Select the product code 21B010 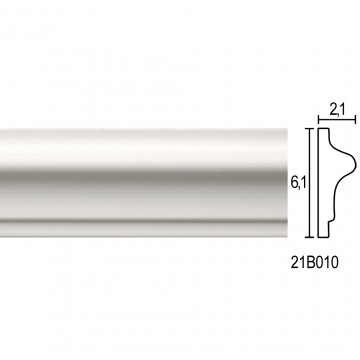coord(314,263)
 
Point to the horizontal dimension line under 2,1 coord(337,119)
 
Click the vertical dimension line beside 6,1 coord(310,183)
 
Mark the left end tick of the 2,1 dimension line coord(319,119)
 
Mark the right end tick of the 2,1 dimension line coord(355,119)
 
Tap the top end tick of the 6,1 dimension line coord(310,129)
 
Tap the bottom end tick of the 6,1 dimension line coord(310,237)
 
